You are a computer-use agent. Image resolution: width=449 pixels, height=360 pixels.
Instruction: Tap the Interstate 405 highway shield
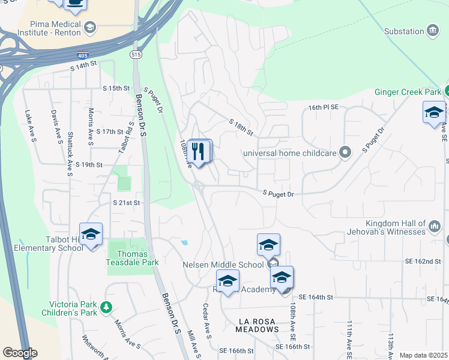(x=83, y=55)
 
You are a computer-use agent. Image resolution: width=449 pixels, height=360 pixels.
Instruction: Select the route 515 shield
(x=137, y=55)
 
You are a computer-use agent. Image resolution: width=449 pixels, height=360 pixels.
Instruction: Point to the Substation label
(x=404, y=31)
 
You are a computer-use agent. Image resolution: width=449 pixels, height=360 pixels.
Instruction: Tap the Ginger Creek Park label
(x=408, y=92)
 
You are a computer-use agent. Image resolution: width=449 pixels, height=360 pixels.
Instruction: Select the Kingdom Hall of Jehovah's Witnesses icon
(x=435, y=226)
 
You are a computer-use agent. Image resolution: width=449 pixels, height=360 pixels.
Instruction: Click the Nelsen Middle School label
(x=223, y=265)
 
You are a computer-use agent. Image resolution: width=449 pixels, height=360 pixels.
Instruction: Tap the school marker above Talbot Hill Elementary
(x=91, y=234)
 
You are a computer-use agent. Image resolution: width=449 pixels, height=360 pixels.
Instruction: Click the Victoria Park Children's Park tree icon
(x=106, y=307)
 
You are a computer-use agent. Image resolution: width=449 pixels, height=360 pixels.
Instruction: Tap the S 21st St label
(x=126, y=203)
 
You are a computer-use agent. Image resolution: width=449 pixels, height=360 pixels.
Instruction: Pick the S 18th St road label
(x=241, y=126)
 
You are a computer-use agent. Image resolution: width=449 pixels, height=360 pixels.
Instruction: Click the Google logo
(x=19, y=353)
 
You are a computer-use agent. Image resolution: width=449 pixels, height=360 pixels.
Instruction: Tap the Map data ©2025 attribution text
(x=423, y=355)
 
